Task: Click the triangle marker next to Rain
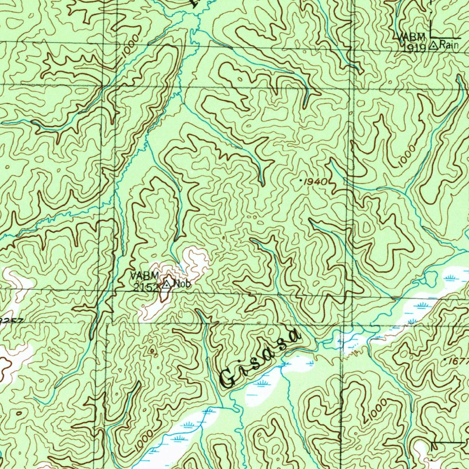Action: (x=434, y=45)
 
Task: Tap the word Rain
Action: (x=449, y=44)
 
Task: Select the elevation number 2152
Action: (x=146, y=287)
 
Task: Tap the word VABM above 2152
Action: (x=144, y=276)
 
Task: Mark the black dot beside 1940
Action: (x=300, y=181)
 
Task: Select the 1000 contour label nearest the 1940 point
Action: (x=407, y=156)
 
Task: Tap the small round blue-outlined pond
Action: (x=431, y=277)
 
